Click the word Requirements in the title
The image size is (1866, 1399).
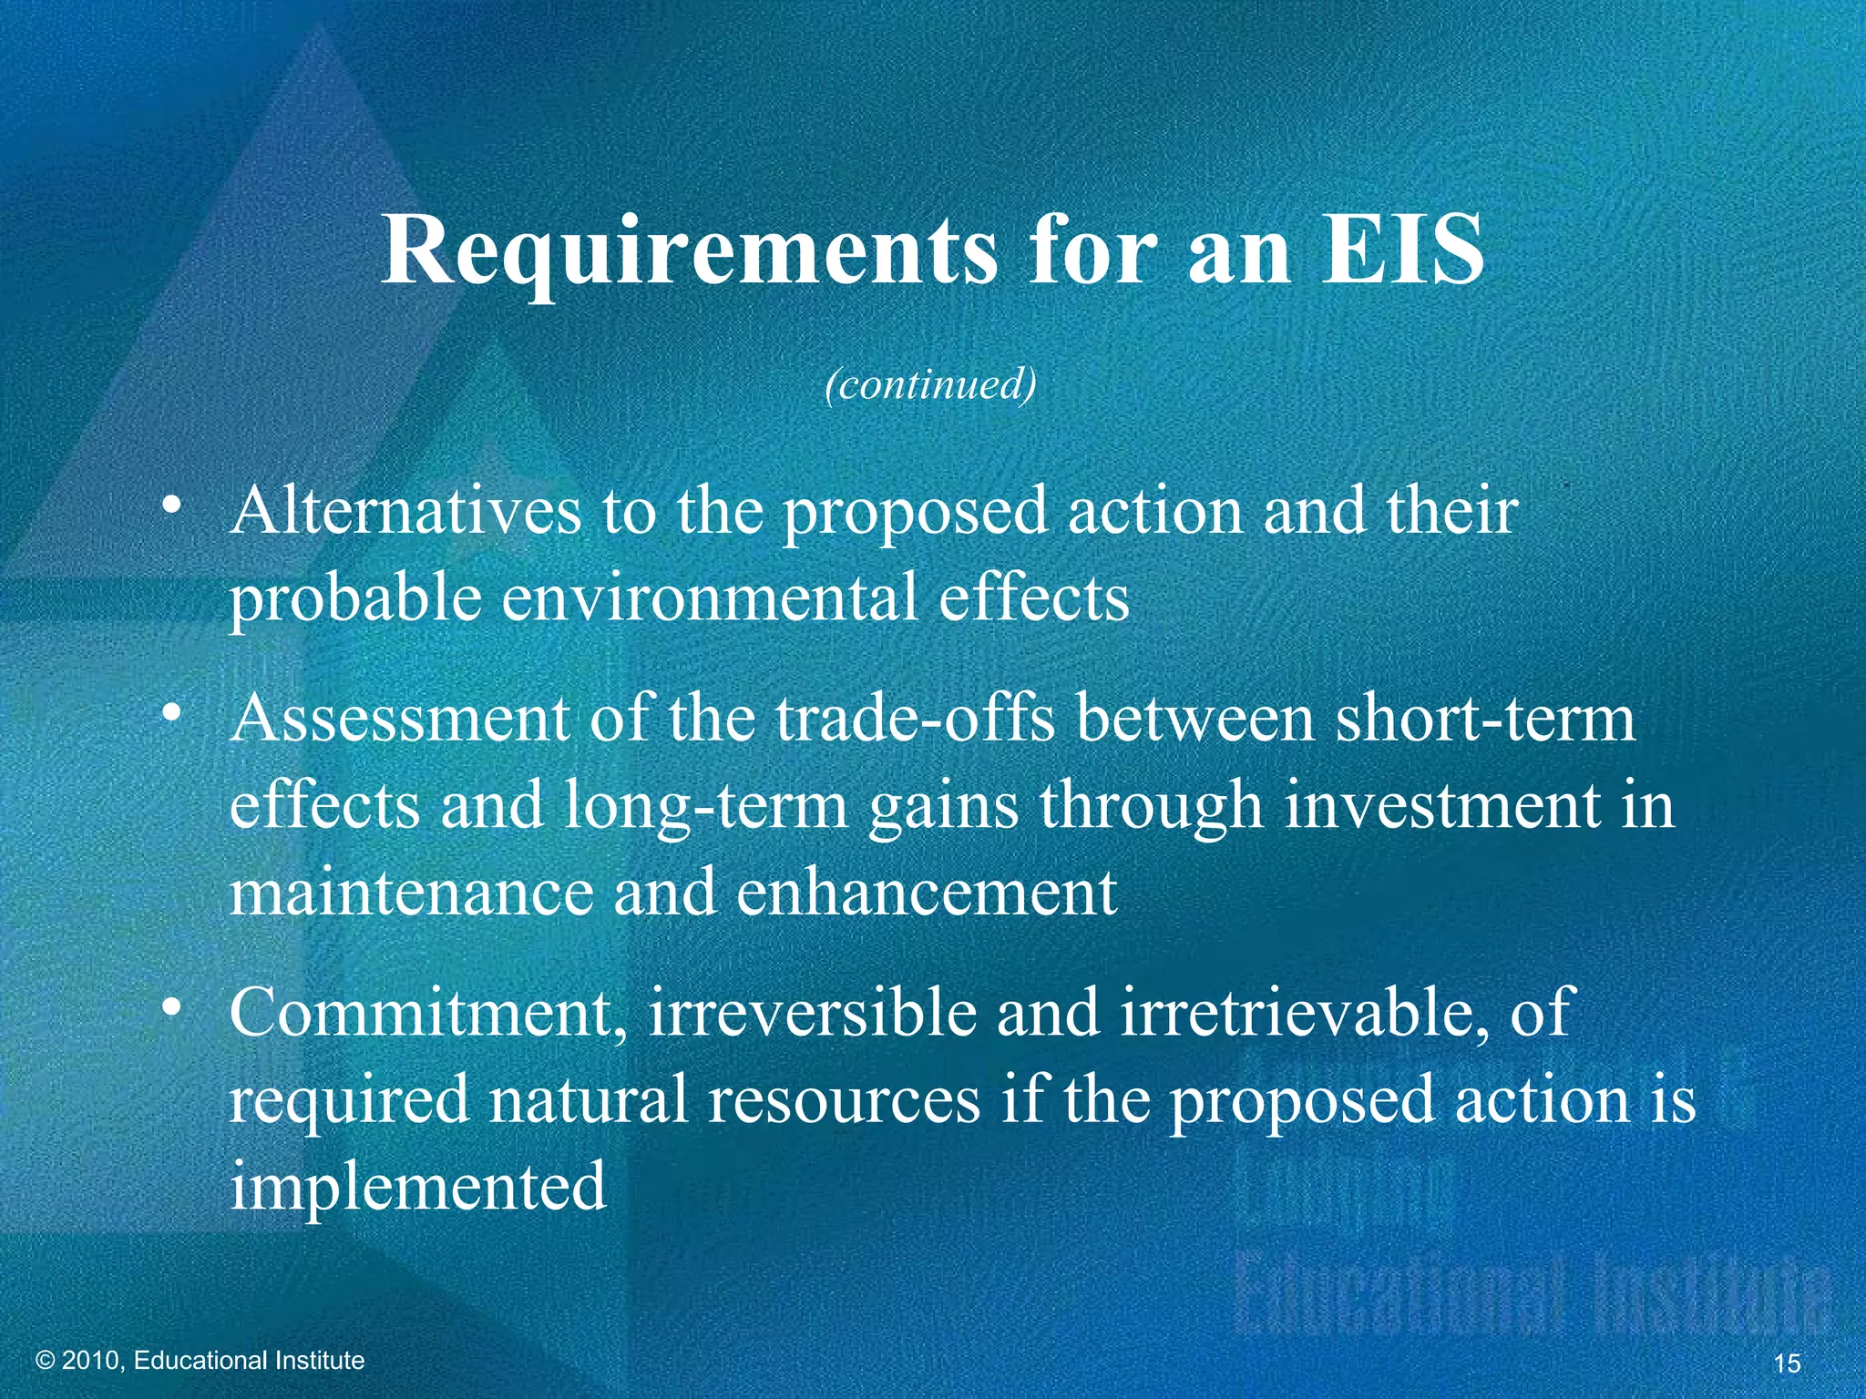[689, 251]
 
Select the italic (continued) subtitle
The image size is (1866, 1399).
[930, 384]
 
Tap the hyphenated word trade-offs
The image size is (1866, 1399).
[917, 719]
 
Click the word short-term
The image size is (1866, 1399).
[1486, 719]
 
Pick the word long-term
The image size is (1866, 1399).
[706, 807]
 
